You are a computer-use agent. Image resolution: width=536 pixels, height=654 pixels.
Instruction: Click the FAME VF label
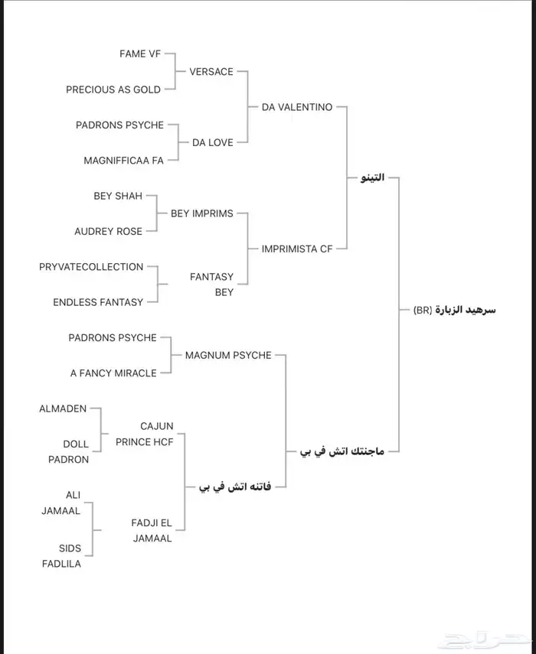click(139, 54)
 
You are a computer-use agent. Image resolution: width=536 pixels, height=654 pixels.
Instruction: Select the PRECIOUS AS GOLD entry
click(113, 89)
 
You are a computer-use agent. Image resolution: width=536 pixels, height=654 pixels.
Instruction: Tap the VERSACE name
click(211, 71)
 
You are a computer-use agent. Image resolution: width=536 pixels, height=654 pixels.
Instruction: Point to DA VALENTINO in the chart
click(297, 107)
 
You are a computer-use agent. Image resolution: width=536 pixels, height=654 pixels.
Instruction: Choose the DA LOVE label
click(213, 142)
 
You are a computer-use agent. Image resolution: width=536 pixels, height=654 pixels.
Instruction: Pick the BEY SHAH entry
click(118, 196)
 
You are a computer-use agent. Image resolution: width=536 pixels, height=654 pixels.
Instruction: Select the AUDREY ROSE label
click(108, 231)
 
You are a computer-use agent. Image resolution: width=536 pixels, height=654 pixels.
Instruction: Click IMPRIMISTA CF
click(297, 249)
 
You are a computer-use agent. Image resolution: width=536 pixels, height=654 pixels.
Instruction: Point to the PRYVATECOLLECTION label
click(91, 267)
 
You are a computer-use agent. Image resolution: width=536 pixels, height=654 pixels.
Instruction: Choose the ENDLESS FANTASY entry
click(98, 302)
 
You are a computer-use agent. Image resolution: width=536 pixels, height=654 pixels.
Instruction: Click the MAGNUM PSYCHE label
click(228, 355)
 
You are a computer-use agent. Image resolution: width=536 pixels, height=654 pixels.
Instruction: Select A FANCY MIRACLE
click(113, 373)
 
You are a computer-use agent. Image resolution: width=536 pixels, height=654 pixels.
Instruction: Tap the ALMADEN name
click(63, 409)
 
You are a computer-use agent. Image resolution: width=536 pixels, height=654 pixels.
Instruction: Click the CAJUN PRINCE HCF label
click(145, 434)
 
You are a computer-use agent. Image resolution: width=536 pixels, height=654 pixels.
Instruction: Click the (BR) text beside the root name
click(423, 310)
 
